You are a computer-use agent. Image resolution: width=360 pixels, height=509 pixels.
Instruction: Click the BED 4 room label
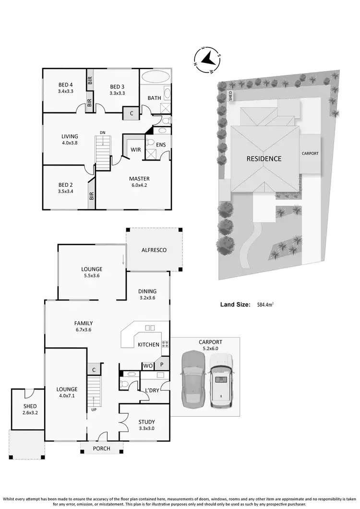click(65, 85)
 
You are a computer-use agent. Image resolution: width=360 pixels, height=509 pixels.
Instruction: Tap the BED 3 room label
click(117, 87)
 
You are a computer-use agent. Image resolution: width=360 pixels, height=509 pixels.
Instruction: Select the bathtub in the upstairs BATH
click(155, 77)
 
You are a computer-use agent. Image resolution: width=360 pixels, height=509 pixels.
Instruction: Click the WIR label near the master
click(135, 150)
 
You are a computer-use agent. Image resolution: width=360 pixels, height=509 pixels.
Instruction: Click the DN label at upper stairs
click(102, 133)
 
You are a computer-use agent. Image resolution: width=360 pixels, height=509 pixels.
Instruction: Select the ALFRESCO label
click(154, 250)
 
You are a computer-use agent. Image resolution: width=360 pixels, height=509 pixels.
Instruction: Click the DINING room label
click(147, 291)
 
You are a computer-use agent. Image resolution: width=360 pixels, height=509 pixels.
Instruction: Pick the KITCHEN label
click(148, 345)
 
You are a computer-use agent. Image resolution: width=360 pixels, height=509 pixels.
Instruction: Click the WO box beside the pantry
click(147, 366)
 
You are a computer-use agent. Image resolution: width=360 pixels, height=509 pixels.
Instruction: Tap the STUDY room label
click(146, 422)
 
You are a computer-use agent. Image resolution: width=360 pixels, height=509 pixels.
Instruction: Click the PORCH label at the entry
click(101, 448)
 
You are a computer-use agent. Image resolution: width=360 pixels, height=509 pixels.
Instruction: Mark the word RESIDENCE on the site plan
click(264, 158)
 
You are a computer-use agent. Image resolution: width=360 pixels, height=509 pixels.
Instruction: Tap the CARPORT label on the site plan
click(310, 154)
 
